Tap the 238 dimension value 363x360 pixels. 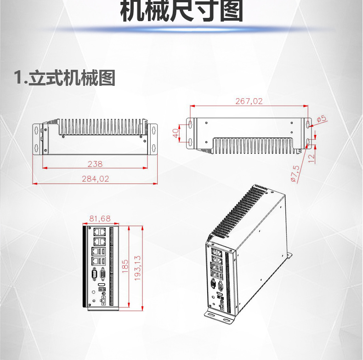point(95,163)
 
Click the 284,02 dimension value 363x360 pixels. point(95,179)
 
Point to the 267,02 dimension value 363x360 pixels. point(249,101)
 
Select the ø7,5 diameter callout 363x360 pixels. point(295,174)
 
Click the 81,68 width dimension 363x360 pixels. point(100,218)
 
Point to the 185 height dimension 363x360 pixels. point(125,267)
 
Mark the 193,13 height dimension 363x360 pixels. point(137,268)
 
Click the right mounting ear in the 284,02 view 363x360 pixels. point(153,137)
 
